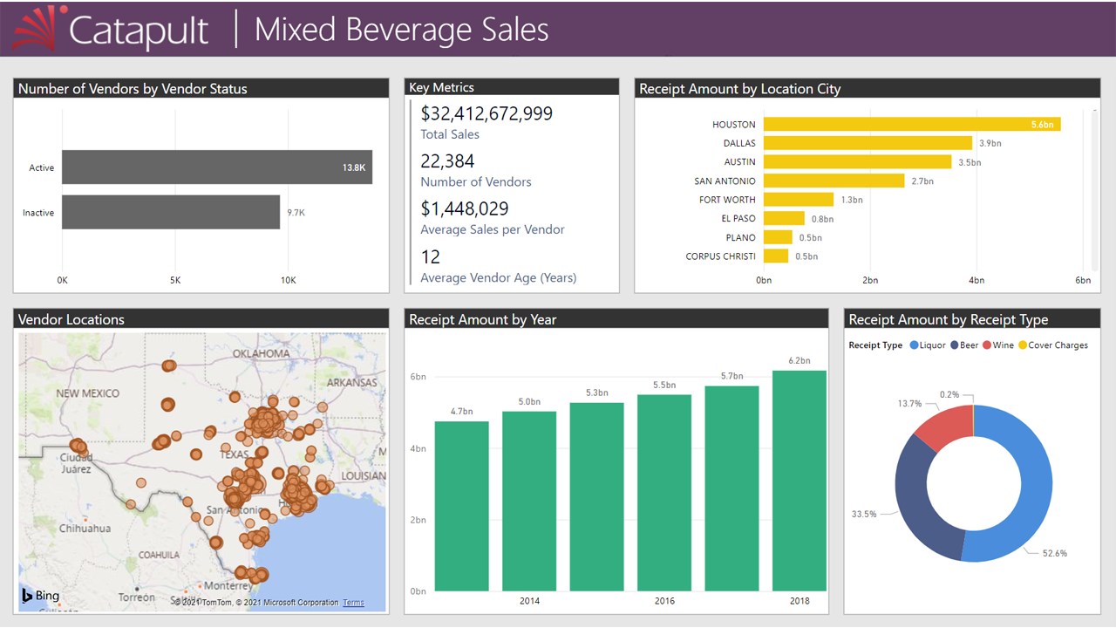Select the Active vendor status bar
(x=216, y=167)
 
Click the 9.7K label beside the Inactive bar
(x=296, y=213)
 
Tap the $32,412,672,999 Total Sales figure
(x=487, y=113)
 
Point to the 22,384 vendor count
(x=448, y=161)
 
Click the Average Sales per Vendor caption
(x=493, y=229)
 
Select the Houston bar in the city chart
(x=911, y=125)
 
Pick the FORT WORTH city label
(x=727, y=200)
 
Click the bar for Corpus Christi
(x=776, y=256)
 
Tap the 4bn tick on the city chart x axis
(x=976, y=280)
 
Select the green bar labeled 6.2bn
(x=800, y=481)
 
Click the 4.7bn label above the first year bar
(x=462, y=411)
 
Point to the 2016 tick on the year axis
(x=664, y=601)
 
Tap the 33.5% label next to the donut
(x=864, y=514)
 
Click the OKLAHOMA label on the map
(x=261, y=353)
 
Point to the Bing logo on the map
(x=40, y=596)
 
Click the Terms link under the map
(x=353, y=603)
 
